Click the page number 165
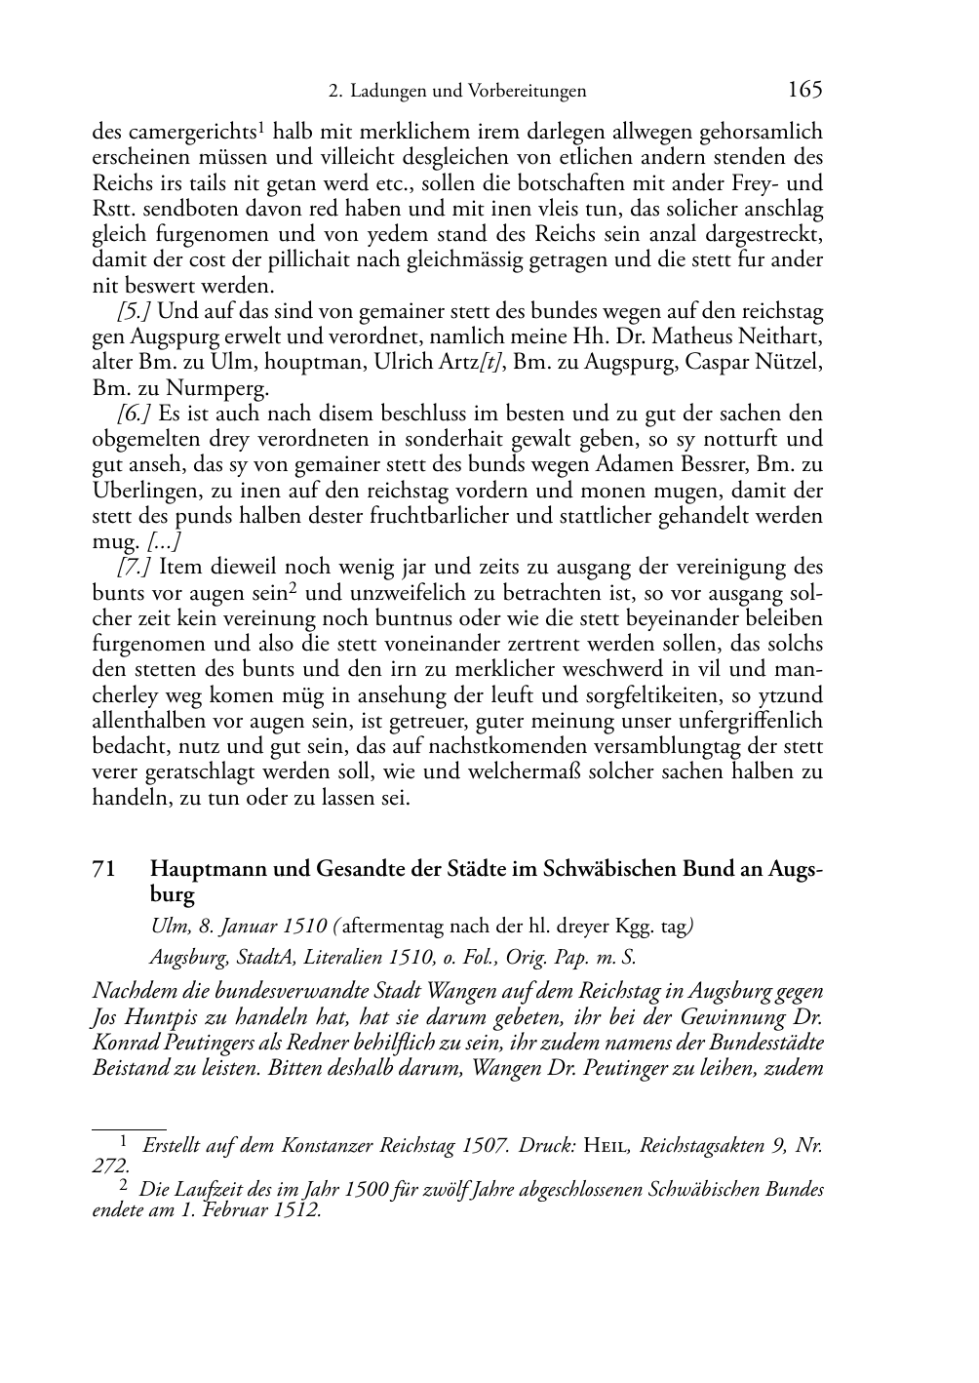804,90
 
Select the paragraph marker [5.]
135,311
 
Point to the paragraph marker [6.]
135,414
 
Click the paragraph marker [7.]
135,567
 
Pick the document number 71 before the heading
104,868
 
